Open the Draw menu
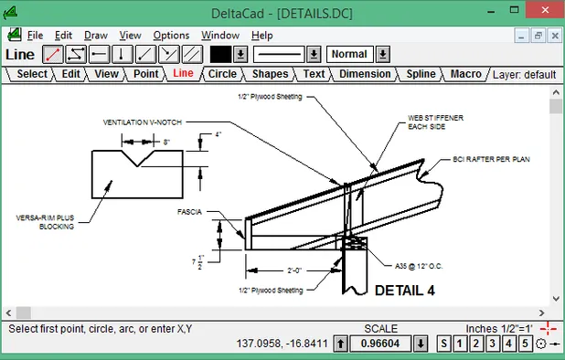(96, 35)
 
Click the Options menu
(171, 35)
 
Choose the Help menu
(261, 35)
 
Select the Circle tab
(221, 74)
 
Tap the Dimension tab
(365, 74)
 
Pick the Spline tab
(421, 74)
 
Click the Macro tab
(465, 74)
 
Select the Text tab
(314, 74)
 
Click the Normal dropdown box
(349, 54)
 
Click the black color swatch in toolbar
(220, 54)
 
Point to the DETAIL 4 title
(404, 291)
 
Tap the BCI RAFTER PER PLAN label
(492, 159)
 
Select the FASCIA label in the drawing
(190, 211)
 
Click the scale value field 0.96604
(379, 344)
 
